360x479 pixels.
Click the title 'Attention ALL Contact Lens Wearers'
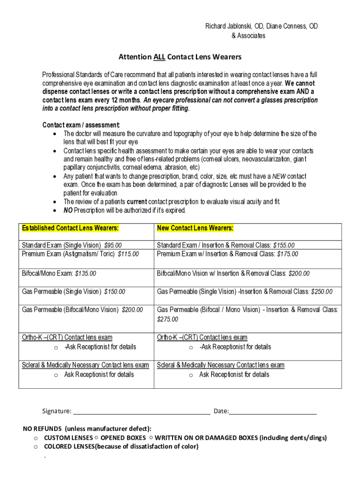click(x=180, y=57)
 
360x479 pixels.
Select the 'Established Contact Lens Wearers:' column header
click(x=70, y=228)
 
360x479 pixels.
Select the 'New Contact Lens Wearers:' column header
click(x=195, y=228)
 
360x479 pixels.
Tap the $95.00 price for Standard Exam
click(x=113, y=245)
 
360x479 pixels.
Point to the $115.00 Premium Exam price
click(x=129, y=254)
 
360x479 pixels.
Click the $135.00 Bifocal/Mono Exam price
click(x=86, y=273)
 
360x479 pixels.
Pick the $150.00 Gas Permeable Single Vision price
click(x=115, y=291)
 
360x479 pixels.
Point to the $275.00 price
click(x=167, y=319)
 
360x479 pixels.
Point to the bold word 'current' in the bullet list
click(x=137, y=202)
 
